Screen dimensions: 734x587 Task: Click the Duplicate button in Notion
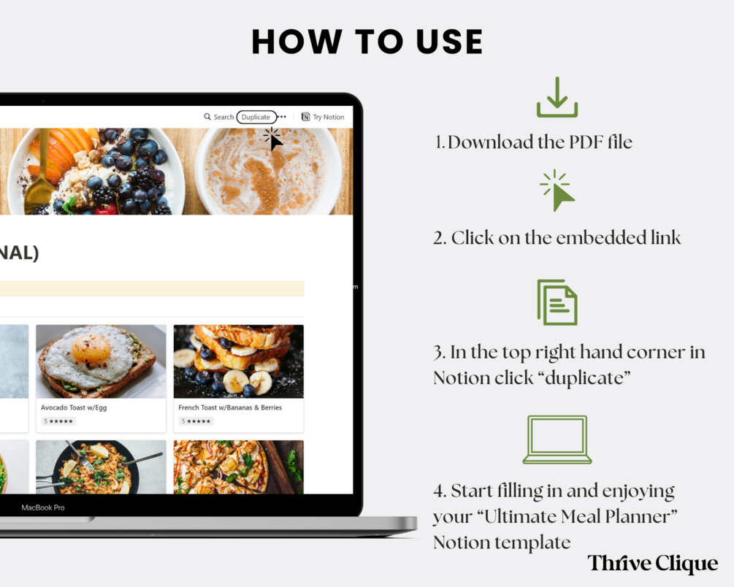(x=256, y=117)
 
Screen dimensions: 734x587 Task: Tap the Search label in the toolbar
(x=223, y=117)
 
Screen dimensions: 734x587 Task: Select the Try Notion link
(x=323, y=117)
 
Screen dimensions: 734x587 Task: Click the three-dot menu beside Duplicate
(x=282, y=117)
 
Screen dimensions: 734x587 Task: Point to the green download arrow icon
(x=557, y=97)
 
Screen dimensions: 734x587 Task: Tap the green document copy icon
(x=557, y=302)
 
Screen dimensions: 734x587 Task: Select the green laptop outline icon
(x=557, y=440)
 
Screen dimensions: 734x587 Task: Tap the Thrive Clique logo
(x=652, y=563)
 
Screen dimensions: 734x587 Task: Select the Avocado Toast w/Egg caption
(x=74, y=407)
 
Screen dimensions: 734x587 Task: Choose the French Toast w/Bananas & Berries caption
(x=230, y=407)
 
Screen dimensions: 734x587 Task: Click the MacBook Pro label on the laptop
(x=43, y=507)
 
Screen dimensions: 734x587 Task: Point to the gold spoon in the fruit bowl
(x=41, y=173)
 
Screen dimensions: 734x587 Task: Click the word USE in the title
(x=449, y=42)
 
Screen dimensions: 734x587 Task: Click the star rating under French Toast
(x=196, y=421)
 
